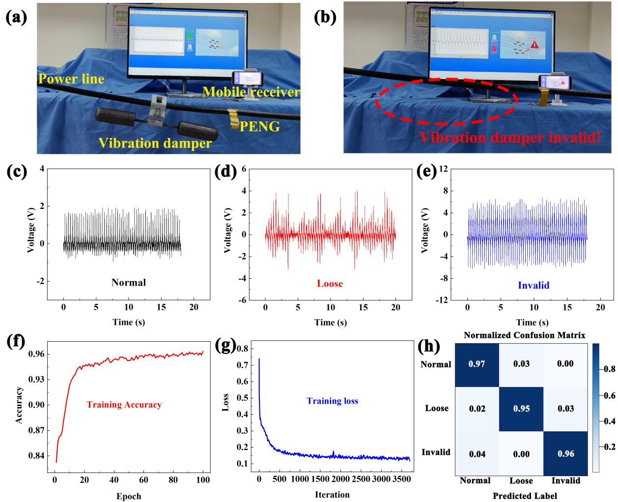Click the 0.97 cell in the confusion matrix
coord(477,364)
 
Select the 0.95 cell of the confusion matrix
coord(521,409)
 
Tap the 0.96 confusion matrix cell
coord(565,454)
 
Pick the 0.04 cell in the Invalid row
coord(477,454)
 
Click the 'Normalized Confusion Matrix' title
coord(524,335)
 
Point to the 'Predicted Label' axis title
coord(525,496)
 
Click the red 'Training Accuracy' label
coord(124,405)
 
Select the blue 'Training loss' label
coord(333,401)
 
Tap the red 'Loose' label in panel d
coord(330,283)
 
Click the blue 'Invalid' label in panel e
coord(534,285)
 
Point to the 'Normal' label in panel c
coord(129,282)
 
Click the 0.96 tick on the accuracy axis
coord(36,354)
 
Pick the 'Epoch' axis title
coord(129,496)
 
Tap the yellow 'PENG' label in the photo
coord(259,127)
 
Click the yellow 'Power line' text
coord(71,79)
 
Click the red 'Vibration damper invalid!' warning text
coord(510,137)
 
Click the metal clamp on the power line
coord(158,109)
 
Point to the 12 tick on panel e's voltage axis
coord(443,169)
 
